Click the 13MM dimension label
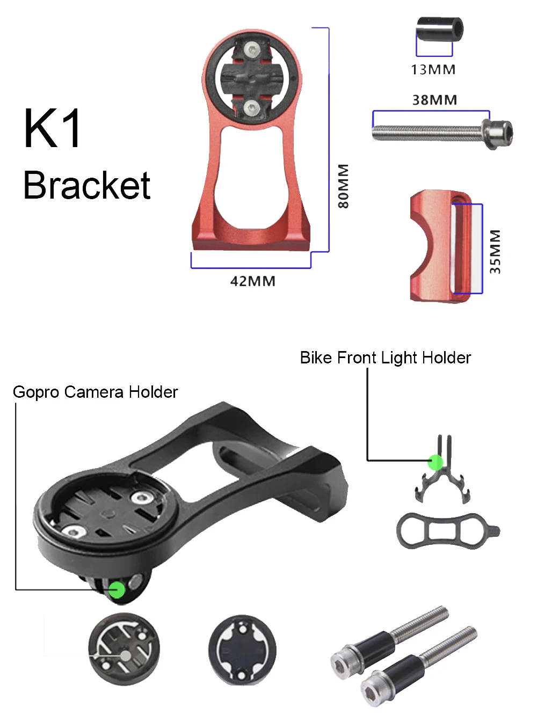point(433,70)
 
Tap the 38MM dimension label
point(434,100)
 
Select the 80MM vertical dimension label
point(343,186)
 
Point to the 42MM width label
point(252,281)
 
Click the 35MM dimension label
point(495,252)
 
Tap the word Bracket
point(87,186)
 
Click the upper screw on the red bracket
point(251,50)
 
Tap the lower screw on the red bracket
point(251,109)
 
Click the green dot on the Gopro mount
point(117,590)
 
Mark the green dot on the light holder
point(435,462)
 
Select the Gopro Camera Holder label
point(95,392)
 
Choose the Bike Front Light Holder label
point(385,358)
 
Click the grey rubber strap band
point(446,531)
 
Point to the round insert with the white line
point(124,650)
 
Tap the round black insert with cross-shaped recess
point(242,650)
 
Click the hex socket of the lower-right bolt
point(371,688)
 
